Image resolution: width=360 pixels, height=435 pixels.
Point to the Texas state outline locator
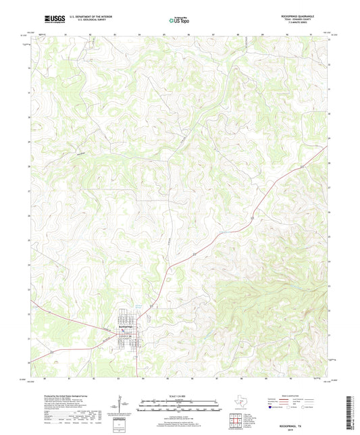240,403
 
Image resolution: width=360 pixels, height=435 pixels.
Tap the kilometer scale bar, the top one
180,403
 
